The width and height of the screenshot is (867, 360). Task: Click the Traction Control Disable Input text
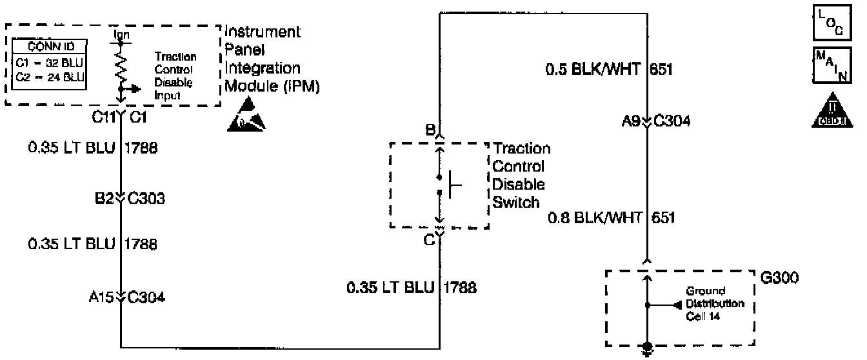175,76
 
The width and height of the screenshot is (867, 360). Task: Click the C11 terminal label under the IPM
104,118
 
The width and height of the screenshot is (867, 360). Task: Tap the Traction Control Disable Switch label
522,175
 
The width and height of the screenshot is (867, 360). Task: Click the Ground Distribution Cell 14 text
715,304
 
